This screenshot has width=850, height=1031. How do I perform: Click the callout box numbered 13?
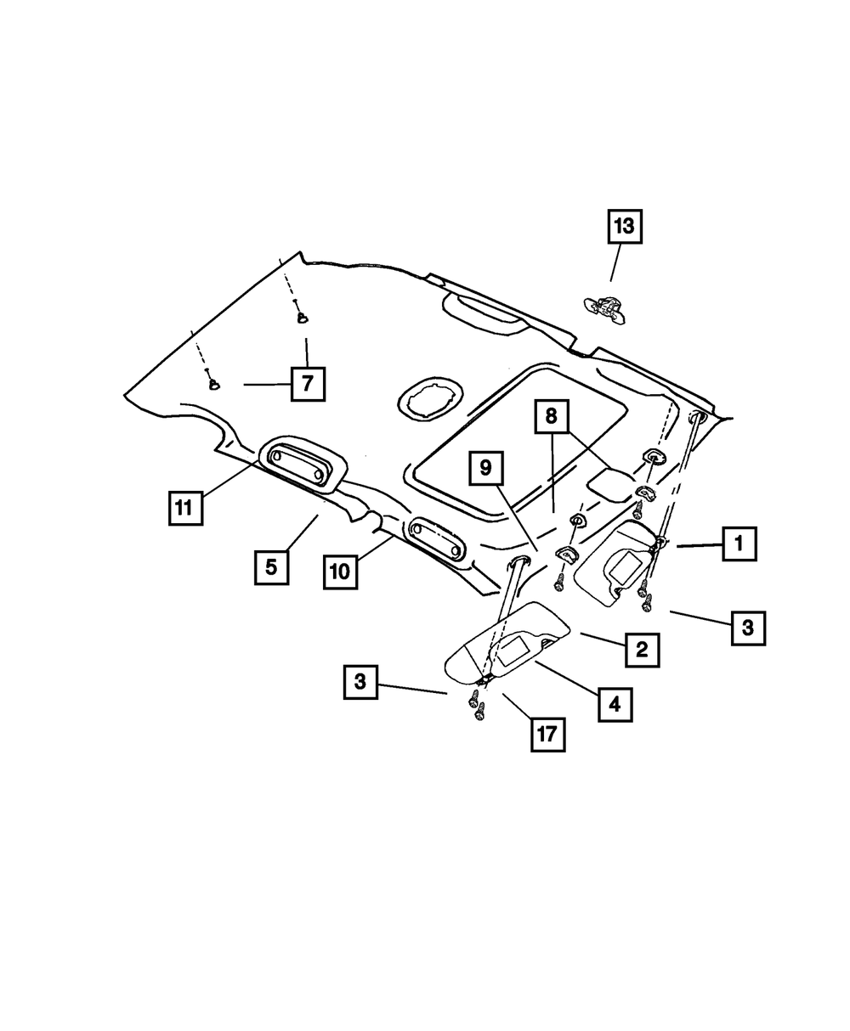coord(624,227)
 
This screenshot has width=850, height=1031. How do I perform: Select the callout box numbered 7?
coord(307,384)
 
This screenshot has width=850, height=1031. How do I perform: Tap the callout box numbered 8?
coord(551,418)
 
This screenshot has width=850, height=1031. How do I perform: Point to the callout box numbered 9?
coord(485,468)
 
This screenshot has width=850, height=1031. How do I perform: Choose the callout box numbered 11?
coord(184,508)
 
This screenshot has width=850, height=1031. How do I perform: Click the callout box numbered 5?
coord(271,566)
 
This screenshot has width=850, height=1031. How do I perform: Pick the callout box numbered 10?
coord(339,572)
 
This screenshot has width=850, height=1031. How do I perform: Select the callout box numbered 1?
coord(739,543)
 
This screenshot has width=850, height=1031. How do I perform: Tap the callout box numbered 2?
coord(642,650)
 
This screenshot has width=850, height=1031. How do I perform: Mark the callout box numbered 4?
coord(615,704)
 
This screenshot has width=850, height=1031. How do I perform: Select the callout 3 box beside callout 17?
coord(360,681)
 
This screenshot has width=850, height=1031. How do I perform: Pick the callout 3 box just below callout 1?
coord(748,628)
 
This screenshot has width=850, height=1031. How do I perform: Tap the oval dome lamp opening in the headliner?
coord(430,398)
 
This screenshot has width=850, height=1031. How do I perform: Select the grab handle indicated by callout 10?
coord(437,540)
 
